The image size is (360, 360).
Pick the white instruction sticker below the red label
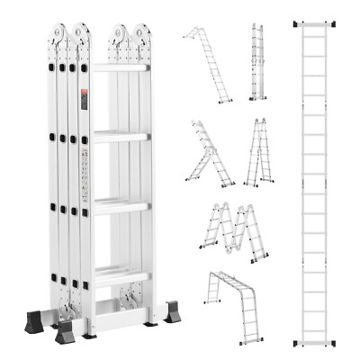[86, 171]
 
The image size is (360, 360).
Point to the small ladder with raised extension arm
[207, 153]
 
